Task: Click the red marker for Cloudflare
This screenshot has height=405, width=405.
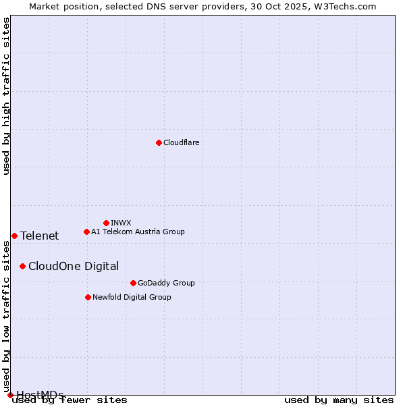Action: (159, 142)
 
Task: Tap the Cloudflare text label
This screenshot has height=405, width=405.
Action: (182, 142)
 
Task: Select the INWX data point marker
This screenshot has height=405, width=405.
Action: (106, 223)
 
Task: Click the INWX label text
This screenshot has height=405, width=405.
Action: (121, 223)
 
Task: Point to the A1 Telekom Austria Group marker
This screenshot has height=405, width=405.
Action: (86, 232)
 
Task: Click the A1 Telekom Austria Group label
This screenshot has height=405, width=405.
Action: (138, 232)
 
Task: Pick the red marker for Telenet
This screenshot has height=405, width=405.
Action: (14, 236)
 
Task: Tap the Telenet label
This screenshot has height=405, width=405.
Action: (39, 236)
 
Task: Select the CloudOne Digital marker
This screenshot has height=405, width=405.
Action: (22, 266)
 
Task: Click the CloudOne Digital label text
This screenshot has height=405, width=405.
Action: (74, 266)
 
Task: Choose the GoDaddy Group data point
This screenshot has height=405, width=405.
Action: (133, 283)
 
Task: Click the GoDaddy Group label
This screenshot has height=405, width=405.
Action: (166, 283)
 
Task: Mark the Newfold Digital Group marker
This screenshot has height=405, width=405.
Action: (88, 297)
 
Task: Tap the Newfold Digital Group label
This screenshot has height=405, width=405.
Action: (132, 297)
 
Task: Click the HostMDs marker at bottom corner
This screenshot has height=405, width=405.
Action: (10, 395)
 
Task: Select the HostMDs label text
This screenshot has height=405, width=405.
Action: (40, 395)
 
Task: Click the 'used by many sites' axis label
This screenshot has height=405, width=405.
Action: (339, 400)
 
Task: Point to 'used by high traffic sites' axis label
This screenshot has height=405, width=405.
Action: (6, 96)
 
